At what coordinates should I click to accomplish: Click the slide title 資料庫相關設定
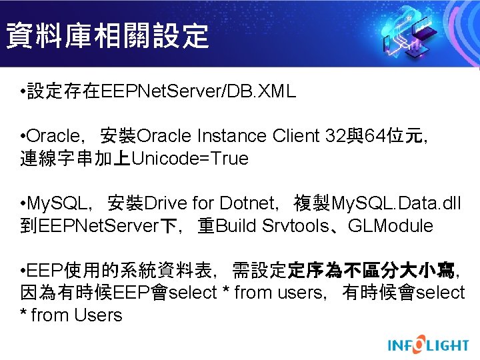click(x=107, y=35)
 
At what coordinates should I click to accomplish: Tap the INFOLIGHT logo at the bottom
click(x=429, y=345)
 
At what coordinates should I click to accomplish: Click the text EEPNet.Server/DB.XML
click(x=198, y=92)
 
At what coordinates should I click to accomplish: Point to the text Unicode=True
click(x=190, y=159)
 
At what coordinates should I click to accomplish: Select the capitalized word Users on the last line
click(x=99, y=315)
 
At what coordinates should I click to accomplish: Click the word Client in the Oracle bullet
click(x=296, y=136)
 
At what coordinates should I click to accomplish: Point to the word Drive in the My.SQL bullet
click(x=166, y=203)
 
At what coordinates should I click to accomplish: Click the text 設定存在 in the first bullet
click(x=64, y=92)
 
